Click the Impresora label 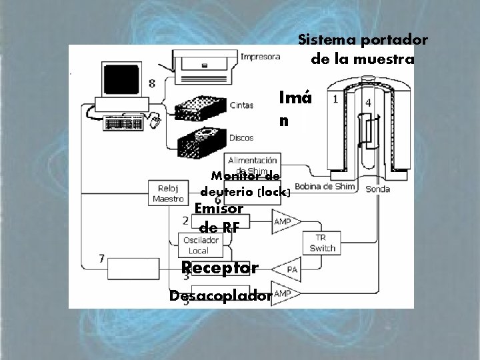coord(260,57)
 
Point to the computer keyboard coord(124,123)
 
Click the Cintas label coord(241,105)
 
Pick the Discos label coord(241,138)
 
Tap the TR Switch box coord(322,243)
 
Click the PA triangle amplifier coord(289,269)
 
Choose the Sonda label coord(379,189)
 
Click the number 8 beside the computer coord(153,83)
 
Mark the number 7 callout coord(101,258)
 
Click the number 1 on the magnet coord(335,99)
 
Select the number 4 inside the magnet coord(368,103)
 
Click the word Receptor coord(220,268)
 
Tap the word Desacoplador coord(220,295)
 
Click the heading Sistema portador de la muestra coord(363,49)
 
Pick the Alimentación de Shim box coord(253,164)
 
